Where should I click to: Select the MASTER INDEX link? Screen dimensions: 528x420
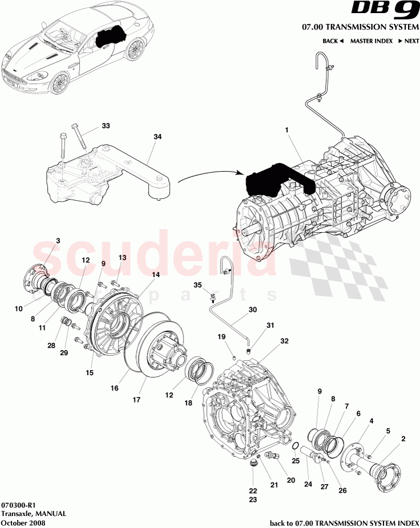[371, 41]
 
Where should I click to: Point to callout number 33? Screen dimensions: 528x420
[105, 125]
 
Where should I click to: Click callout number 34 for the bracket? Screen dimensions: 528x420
[157, 137]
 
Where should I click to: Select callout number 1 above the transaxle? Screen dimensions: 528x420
[287, 130]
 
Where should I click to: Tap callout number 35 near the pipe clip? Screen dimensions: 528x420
[198, 285]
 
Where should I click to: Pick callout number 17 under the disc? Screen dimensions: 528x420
[137, 400]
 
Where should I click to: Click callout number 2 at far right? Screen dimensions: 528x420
[403, 438]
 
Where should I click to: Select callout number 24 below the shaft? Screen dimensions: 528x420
[308, 485]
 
